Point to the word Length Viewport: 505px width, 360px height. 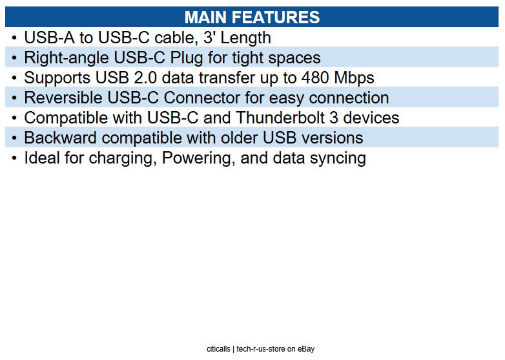(244, 37)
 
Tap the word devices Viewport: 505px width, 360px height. (371, 118)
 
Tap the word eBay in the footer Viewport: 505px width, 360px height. (306, 349)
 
